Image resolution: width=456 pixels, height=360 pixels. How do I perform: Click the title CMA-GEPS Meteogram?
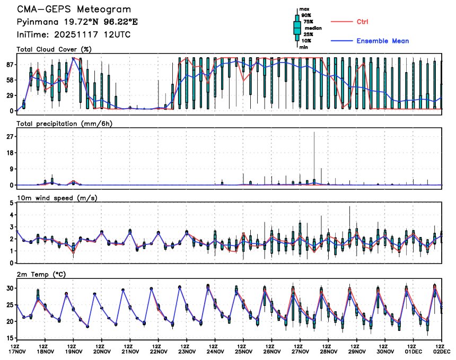[x=74, y=10]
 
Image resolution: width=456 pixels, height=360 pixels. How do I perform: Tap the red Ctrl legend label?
[x=363, y=22]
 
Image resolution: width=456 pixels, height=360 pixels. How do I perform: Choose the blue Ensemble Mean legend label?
[x=382, y=41]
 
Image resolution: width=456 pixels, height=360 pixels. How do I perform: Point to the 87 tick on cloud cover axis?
[x=9, y=65]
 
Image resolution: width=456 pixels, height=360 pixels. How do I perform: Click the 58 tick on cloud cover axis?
[x=9, y=80]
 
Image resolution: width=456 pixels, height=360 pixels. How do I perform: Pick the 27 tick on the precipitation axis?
[x=9, y=137]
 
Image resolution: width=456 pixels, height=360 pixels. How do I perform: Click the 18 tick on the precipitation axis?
[x=9, y=153]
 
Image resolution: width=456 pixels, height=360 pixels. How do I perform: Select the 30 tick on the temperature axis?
[x=9, y=288]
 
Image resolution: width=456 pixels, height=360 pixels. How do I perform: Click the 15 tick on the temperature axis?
[x=9, y=338]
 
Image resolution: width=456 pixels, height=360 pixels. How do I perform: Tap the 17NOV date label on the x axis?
[x=16, y=352]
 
